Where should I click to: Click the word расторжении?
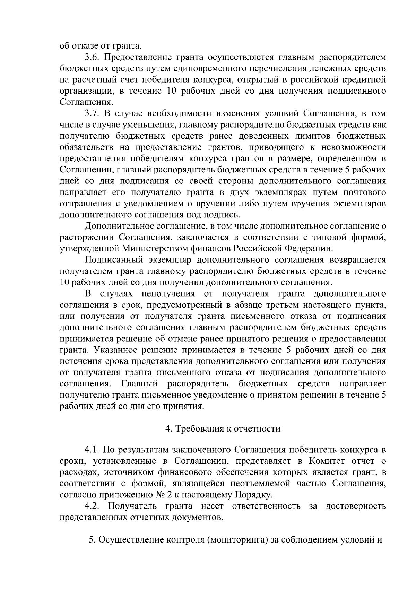click(87, 238)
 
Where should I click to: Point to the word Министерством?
click(155, 249)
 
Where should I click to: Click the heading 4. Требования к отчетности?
click(223, 429)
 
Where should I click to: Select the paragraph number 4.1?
click(93, 450)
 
